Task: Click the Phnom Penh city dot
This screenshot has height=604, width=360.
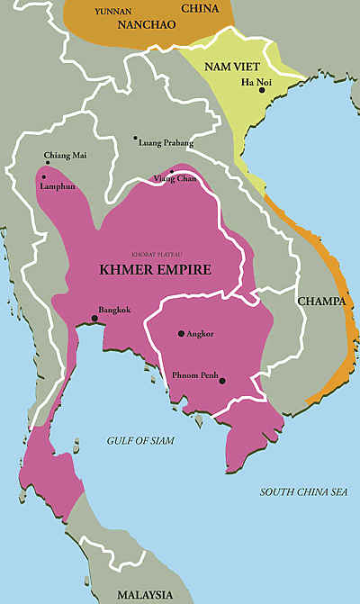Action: [x=222, y=381]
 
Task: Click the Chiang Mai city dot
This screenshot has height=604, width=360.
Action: [x=47, y=163]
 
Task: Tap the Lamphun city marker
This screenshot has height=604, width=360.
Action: [x=41, y=177]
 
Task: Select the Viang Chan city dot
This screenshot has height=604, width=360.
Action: [x=171, y=172]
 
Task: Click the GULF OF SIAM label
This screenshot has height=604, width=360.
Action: [x=135, y=440]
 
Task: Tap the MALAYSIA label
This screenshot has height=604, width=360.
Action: [x=145, y=595]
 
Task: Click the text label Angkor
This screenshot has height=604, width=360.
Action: [x=201, y=333]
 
